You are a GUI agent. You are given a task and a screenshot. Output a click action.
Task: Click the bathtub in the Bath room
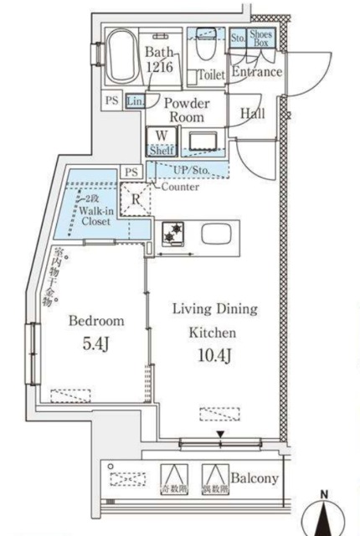[x=126, y=56]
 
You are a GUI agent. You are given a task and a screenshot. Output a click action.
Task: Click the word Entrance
[x=256, y=73]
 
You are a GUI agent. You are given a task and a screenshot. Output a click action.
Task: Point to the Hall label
[x=254, y=113]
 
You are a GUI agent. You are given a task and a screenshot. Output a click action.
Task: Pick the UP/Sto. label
[x=193, y=170]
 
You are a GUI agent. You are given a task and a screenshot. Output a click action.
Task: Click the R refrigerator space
[x=136, y=200]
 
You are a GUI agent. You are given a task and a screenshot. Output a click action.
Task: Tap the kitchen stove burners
[x=175, y=234]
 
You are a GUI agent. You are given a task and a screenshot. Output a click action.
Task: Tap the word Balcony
[x=255, y=480]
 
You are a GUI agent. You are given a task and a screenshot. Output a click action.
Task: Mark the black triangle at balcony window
[x=220, y=434]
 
